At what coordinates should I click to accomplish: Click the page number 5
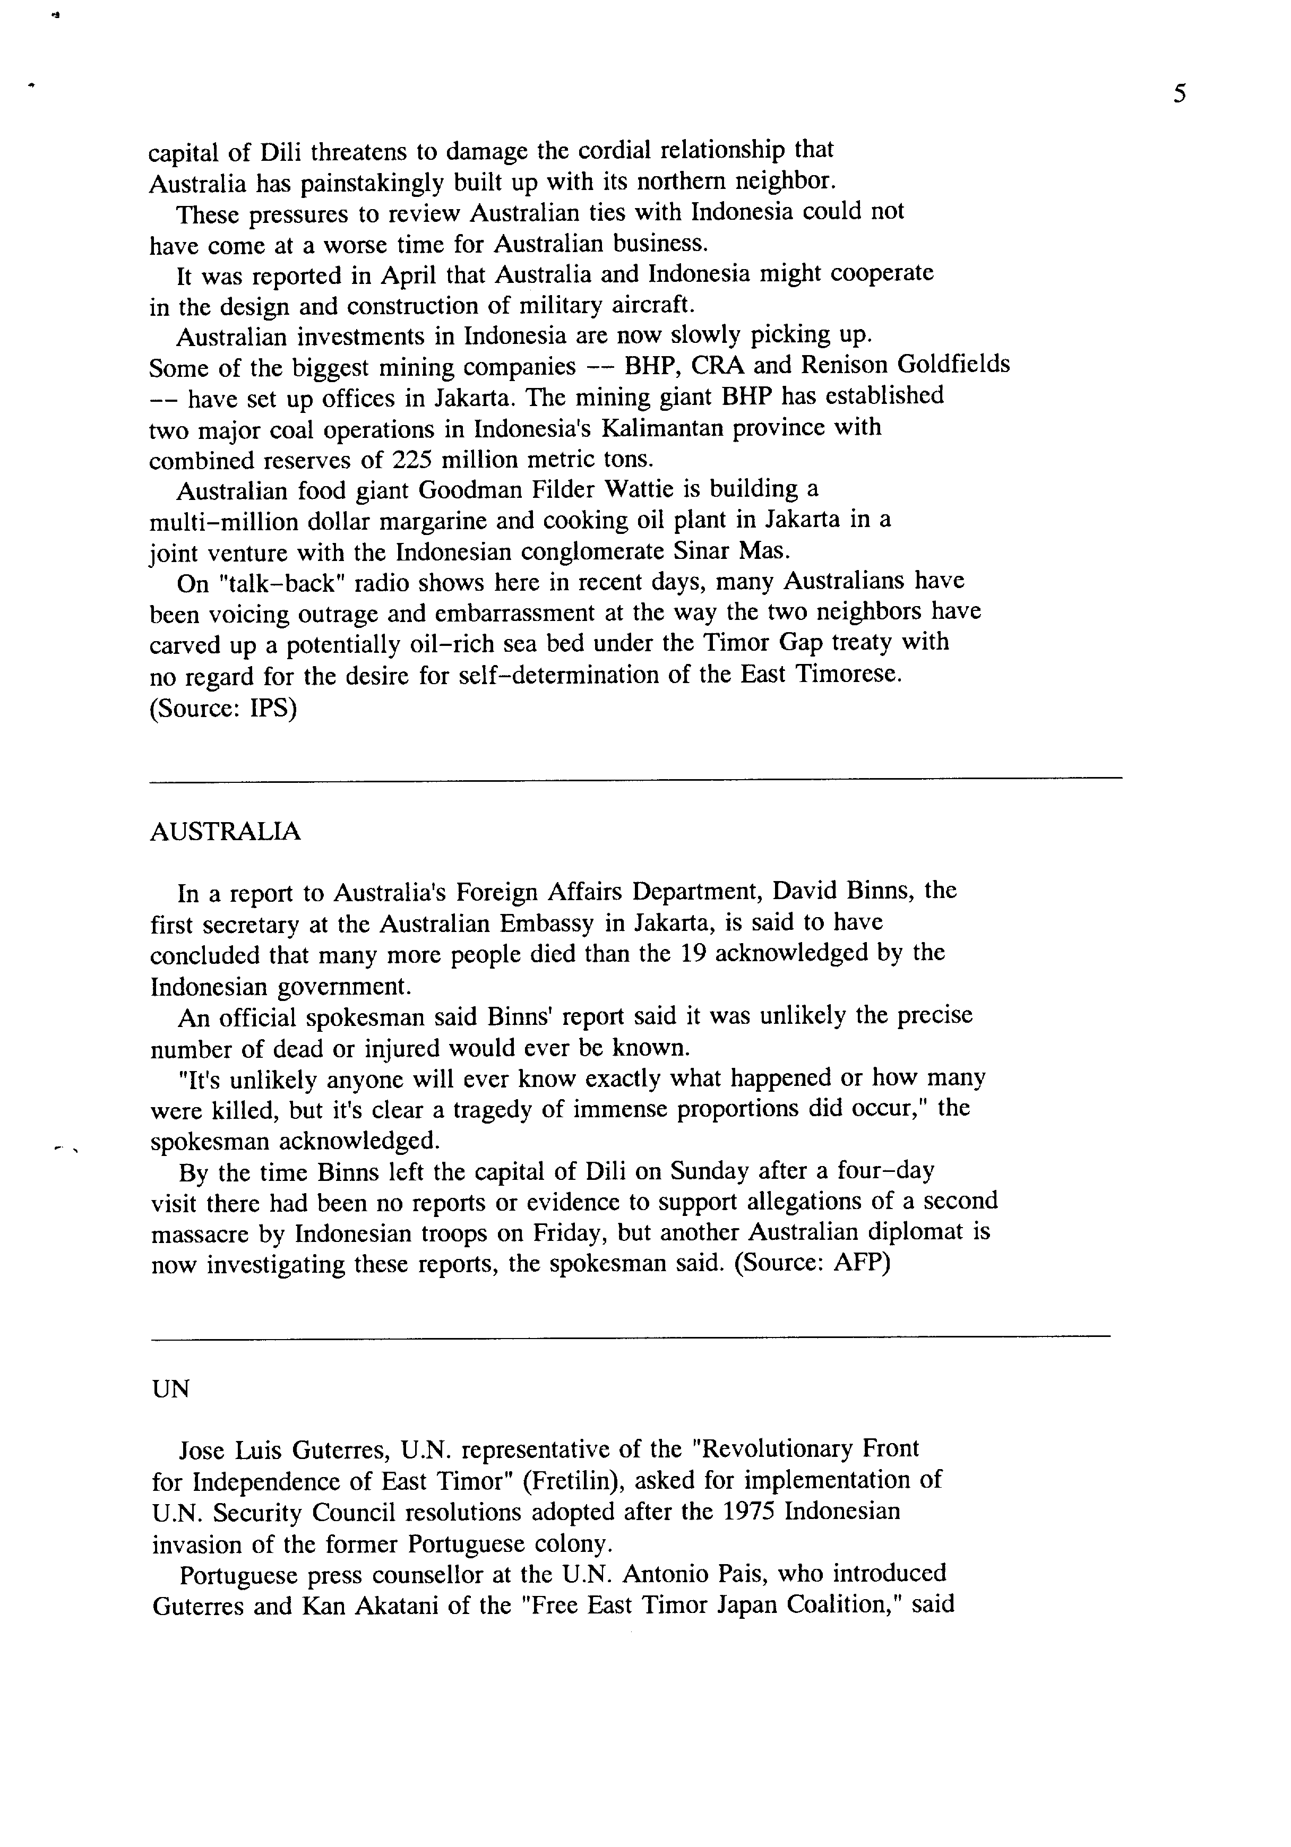click(1179, 95)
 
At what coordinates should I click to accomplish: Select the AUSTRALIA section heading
click(225, 832)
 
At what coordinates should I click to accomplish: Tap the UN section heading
click(170, 1389)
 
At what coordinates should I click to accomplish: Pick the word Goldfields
click(953, 365)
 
